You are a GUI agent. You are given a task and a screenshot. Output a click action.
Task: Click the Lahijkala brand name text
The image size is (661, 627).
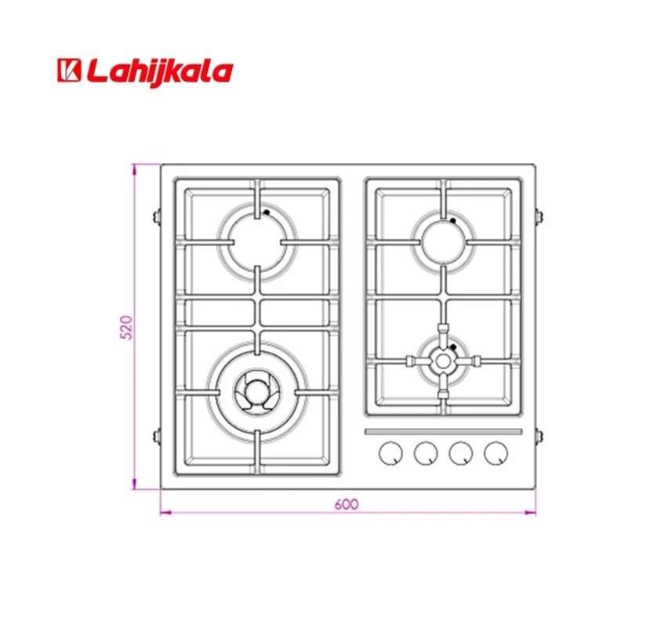tap(160, 72)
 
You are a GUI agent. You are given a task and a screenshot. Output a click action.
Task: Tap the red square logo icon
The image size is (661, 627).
tap(69, 70)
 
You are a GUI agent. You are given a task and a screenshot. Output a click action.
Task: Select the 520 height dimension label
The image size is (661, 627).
tap(126, 327)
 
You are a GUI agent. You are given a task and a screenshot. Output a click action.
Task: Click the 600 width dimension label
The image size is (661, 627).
tap(346, 504)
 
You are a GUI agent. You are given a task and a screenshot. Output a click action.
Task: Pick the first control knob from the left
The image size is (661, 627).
tap(390, 453)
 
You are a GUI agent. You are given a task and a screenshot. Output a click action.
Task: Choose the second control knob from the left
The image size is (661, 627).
tap(425, 453)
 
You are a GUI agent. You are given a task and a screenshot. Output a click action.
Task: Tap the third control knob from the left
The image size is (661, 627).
tap(461, 453)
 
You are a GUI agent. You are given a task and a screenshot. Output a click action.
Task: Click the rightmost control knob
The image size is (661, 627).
tap(496, 453)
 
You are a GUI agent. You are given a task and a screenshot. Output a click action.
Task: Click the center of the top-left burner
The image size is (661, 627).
tap(257, 242)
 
